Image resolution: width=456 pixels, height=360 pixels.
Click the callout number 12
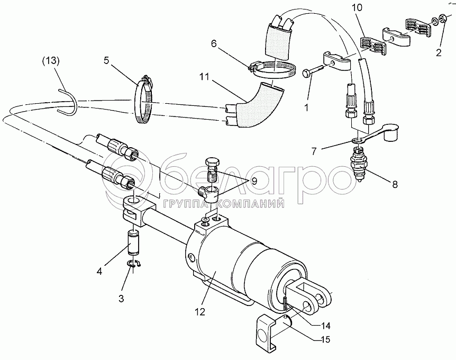click(200, 312)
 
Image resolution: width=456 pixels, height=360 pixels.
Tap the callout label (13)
click(51, 60)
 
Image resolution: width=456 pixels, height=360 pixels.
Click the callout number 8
click(395, 185)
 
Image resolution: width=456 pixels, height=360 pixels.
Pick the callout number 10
click(358, 8)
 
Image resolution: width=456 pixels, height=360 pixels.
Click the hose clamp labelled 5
click(143, 100)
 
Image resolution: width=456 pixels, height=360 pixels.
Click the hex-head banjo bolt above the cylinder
click(212, 169)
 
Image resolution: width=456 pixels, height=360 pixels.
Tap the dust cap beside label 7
click(390, 133)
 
